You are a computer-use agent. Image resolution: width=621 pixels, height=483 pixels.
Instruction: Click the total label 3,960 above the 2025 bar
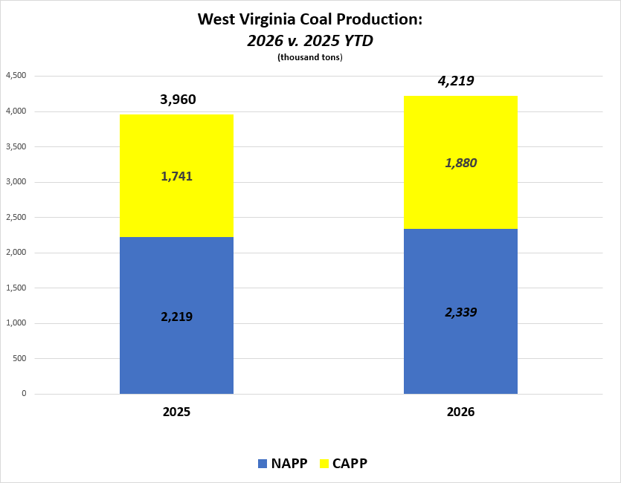(178, 100)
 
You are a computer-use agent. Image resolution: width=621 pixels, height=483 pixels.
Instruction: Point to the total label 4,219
(455, 81)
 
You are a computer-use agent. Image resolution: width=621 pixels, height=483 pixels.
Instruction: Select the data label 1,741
(176, 176)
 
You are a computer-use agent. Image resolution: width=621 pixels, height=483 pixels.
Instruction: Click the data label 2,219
(176, 317)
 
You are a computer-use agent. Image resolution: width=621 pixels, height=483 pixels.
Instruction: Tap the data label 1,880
(460, 163)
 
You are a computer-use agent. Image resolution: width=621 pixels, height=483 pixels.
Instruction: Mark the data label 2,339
(460, 313)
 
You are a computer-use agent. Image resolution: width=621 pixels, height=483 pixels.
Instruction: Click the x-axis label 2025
(177, 412)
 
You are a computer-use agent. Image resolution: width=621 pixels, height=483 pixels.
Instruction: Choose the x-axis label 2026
(460, 412)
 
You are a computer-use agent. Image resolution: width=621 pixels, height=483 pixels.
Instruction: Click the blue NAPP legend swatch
(262, 464)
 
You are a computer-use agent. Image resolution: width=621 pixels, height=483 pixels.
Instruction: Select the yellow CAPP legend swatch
(324, 464)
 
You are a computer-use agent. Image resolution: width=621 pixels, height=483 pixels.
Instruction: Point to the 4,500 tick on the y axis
(16, 76)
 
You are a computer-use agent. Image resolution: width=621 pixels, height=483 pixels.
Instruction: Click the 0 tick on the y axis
(24, 394)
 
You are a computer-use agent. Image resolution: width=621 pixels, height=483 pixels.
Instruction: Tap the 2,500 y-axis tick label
(16, 217)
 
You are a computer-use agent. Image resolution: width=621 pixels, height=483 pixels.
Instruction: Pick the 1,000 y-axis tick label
(16, 323)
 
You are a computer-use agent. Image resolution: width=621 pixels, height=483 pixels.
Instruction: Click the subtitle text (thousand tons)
(309, 57)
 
